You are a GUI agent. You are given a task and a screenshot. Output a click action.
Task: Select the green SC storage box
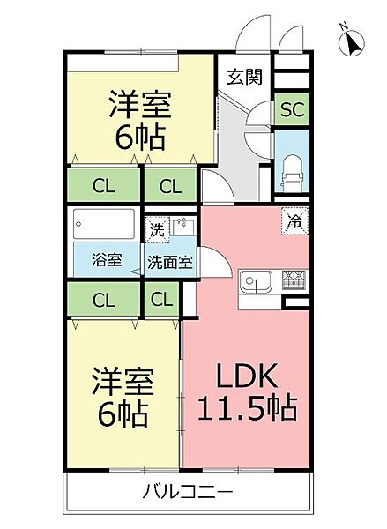pyautogui.click(x=292, y=110)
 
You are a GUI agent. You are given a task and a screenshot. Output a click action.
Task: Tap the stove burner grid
pyautogui.click(x=293, y=281)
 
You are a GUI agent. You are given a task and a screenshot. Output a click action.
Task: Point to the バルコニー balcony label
pyautogui.click(x=188, y=491)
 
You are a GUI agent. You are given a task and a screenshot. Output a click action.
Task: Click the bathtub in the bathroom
pyautogui.click(x=104, y=226)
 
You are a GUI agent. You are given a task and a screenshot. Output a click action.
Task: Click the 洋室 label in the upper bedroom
pyautogui.click(x=139, y=104)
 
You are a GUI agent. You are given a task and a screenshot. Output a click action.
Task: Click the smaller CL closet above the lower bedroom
pyautogui.click(x=161, y=300)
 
